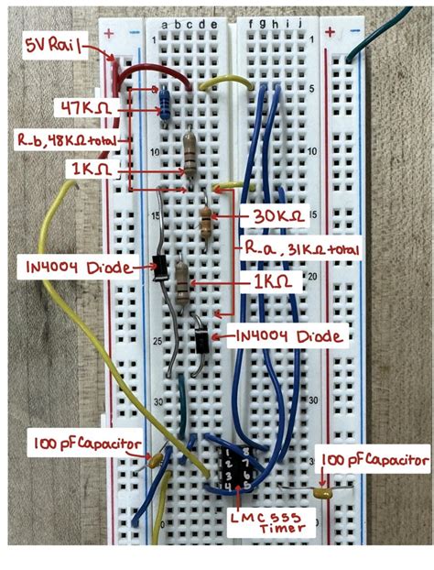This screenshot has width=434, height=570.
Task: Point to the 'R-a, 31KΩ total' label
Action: tap(299, 249)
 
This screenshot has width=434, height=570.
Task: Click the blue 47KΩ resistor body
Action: tap(166, 104)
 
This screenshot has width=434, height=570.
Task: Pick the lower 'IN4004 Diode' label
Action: tap(292, 337)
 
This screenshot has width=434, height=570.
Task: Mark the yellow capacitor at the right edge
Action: tap(321, 492)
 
